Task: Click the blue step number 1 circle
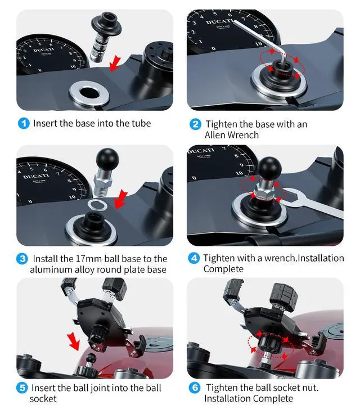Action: pyautogui.click(x=24, y=123)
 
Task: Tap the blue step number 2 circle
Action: pyautogui.click(x=195, y=124)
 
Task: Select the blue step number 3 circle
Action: pyautogui.click(x=22, y=259)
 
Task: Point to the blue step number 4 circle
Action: pyautogui.click(x=194, y=258)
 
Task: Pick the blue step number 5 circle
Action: pyautogui.click(x=22, y=388)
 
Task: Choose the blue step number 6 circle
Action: pyautogui.click(x=195, y=388)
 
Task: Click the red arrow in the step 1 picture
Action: pyautogui.click(x=115, y=64)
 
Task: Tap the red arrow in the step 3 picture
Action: pyautogui.click(x=120, y=199)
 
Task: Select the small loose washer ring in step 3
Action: pyautogui.click(x=97, y=205)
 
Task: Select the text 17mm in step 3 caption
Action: pyautogui.click(x=89, y=259)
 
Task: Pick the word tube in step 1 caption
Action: pyautogui.click(x=141, y=123)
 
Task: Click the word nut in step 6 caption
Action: pyautogui.click(x=309, y=388)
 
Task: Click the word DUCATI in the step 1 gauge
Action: pyautogui.click(x=43, y=49)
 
